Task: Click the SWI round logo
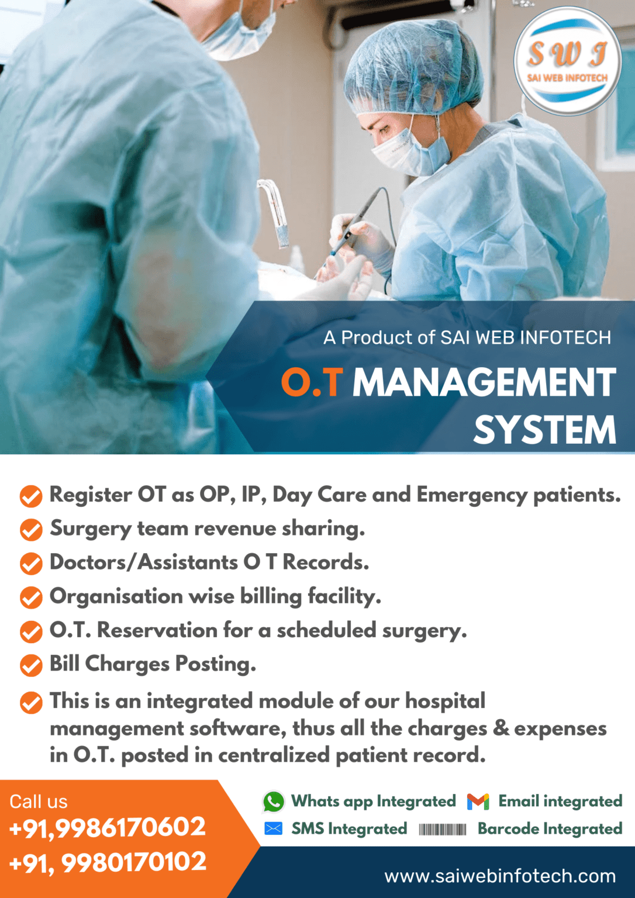pos(567,61)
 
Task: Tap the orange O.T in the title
pos(311,383)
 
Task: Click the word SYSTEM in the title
pos(544,430)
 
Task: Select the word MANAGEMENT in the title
pos(484,383)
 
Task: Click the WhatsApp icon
pos(273,802)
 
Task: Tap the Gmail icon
pos(478,802)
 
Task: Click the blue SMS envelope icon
pos(273,828)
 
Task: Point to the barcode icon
pos(443,829)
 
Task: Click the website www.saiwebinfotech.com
pos(500,876)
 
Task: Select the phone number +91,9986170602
pos(108,827)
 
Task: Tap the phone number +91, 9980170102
pos(108,862)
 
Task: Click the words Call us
pos(39,802)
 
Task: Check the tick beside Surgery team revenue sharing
pos(31,530)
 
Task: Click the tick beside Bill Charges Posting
pos(31,665)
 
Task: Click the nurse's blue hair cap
pos(409,64)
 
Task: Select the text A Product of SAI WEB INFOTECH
pos(467,338)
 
